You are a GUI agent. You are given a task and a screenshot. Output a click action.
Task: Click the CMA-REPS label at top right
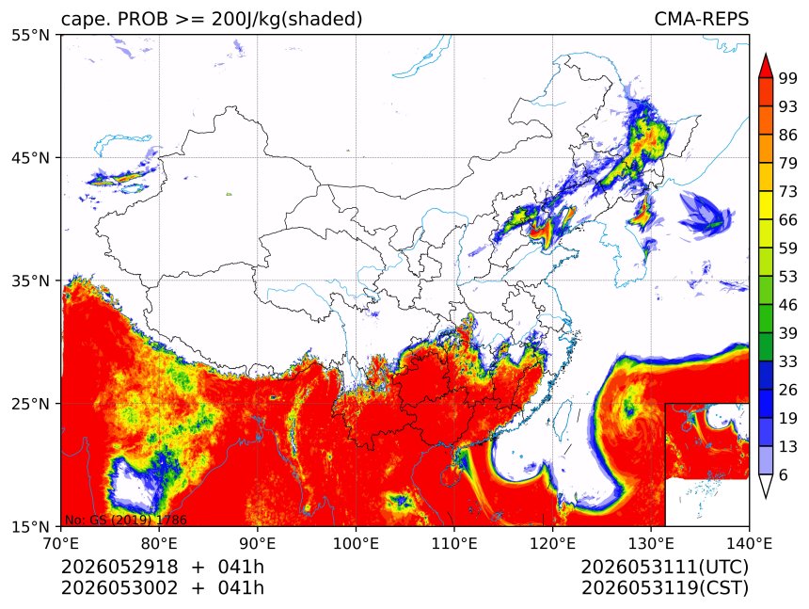[x=701, y=19]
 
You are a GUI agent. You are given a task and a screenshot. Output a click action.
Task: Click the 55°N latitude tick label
[x=30, y=35]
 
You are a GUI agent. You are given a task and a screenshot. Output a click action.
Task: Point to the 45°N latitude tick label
[x=30, y=158]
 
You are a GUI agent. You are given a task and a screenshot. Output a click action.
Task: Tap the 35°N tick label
[x=30, y=280]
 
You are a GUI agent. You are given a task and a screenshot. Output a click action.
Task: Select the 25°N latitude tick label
[x=30, y=404]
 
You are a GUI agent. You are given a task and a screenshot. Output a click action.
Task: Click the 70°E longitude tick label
[x=61, y=543]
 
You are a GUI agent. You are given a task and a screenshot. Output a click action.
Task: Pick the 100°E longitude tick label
[x=356, y=543]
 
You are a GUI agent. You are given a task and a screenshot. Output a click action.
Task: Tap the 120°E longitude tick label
[x=552, y=543]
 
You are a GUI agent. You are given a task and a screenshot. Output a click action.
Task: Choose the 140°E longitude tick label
[x=749, y=543]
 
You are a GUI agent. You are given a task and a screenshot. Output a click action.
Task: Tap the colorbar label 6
[x=784, y=474]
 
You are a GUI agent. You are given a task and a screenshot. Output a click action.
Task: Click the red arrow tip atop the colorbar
[x=766, y=54]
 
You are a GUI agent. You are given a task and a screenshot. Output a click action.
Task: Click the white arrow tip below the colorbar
[x=766, y=498]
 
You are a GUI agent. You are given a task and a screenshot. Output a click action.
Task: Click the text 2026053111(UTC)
[x=664, y=567]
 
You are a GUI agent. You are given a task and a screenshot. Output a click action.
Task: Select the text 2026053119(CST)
[x=664, y=588]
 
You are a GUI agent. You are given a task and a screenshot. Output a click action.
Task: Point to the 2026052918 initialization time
[x=119, y=567]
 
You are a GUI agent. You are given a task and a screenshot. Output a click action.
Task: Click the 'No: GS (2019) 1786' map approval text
[x=125, y=520]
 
